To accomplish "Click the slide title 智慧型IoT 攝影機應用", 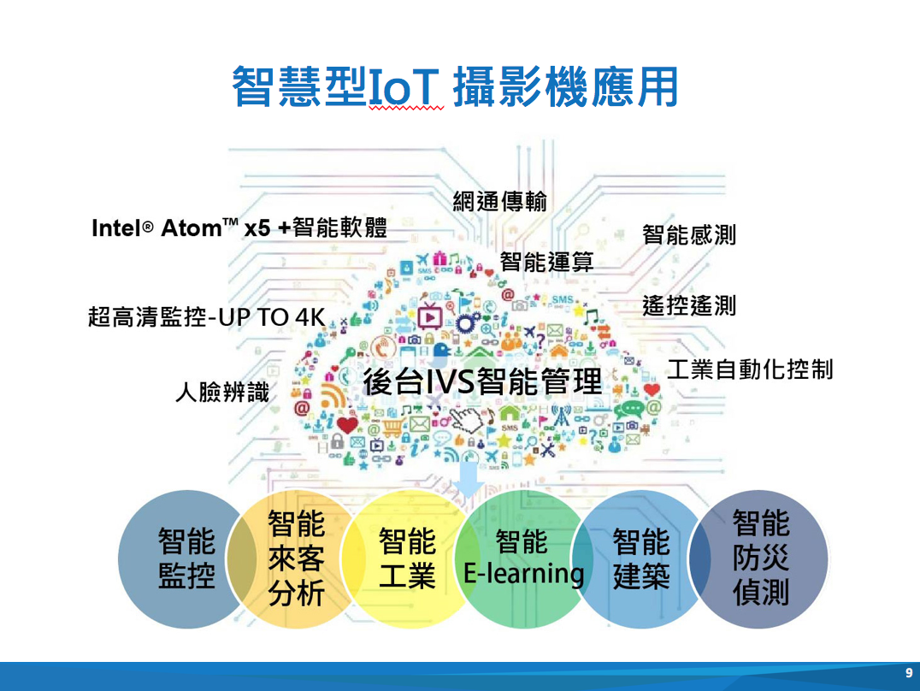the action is click(456, 87).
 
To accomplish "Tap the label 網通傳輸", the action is click(500, 201).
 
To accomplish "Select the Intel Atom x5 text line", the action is click(239, 227).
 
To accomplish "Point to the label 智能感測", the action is click(689, 234).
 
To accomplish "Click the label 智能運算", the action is click(547, 262).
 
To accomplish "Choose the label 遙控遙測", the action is click(689, 305).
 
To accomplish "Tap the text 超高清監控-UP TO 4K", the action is click(207, 317).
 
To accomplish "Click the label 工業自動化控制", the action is click(751, 369).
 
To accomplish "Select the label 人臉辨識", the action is click(222, 392).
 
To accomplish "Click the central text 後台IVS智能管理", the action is click(482, 381).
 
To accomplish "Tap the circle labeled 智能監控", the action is click(187, 559).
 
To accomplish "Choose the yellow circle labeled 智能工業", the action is click(408, 559).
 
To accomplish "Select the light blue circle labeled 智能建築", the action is click(640, 559).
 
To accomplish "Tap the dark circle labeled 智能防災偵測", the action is click(758, 559).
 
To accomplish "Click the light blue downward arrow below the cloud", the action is click(469, 478).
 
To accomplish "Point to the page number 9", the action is click(909, 673).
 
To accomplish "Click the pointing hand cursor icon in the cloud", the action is click(467, 418).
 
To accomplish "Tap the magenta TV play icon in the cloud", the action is click(429, 316).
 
